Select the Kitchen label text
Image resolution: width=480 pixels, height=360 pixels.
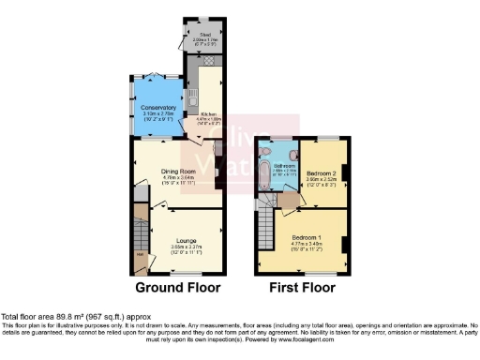pos(208,114)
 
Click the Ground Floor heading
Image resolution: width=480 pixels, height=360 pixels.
pos(178,287)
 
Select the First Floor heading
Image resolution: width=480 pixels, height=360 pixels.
pos(302,287)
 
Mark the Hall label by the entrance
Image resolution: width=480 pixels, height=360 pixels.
pos(141,256)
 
